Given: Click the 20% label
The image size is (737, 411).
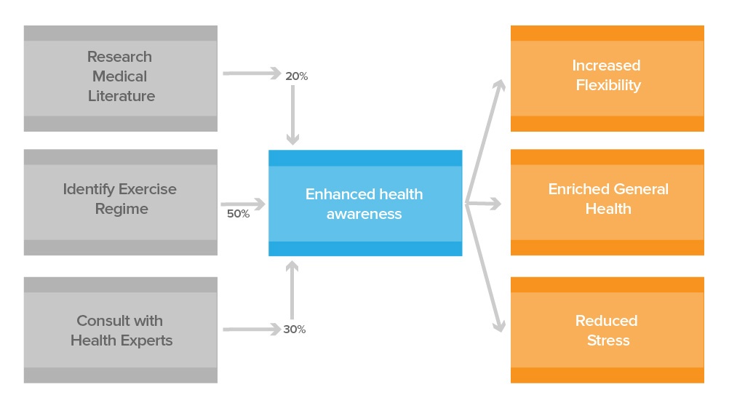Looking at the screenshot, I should (297, 76).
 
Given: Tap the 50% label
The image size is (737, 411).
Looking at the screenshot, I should (238, 214).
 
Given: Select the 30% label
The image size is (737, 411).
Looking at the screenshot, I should (295, 330).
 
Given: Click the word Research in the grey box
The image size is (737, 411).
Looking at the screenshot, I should (119, 57).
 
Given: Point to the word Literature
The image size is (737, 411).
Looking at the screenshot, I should (121, 96).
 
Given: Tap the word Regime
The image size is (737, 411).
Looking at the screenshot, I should (121, 209).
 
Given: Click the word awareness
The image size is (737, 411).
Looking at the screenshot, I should (364, 214).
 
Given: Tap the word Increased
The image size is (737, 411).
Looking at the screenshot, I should (606, 65).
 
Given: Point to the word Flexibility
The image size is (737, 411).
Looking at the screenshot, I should (608, 85).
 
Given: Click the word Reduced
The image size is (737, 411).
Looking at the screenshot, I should (606, 321).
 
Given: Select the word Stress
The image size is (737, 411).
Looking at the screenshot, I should (608, 340).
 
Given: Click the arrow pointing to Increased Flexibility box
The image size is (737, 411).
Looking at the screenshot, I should (486, 138).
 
